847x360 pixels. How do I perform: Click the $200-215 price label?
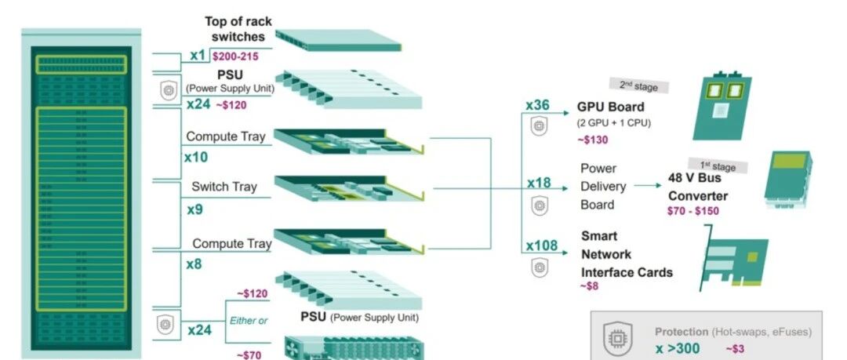(235, 56)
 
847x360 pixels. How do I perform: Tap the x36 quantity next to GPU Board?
(537, 105)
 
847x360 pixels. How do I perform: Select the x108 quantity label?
(542, 246)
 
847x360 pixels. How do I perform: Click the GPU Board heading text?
(610, 107)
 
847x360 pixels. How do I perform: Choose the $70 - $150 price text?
(693, 211)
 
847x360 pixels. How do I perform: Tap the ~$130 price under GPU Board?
(592, 140)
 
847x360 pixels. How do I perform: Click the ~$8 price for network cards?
(589, 286)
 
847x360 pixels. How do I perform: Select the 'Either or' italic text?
(249, 321)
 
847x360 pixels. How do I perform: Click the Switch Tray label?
(224, 187)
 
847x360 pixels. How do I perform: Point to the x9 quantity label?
(195, 209)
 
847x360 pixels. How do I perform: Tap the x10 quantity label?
(195, 158)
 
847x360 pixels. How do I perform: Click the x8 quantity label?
(194, 264)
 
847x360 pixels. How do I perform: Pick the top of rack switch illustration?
(338, 41)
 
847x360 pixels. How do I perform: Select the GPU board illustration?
(722, 107)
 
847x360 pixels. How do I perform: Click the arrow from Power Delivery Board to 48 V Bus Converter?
(647, 185)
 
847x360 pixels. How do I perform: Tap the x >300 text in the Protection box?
(678, 349)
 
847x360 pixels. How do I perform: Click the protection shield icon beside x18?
(539, 205)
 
